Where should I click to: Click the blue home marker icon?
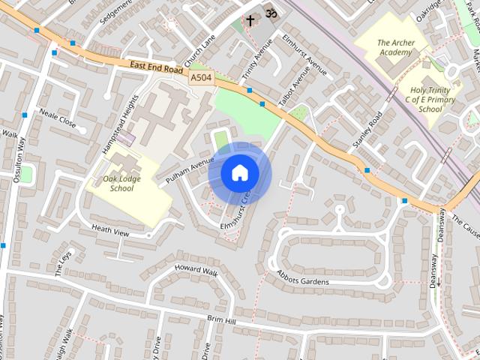pos(240,172)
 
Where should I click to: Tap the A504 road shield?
pos(201,78)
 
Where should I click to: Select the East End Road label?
pos(155,68)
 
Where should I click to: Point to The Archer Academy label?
pos(394,48)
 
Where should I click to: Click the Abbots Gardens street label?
pos(313,277)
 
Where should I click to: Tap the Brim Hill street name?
pos(221,320)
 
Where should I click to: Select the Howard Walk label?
pos(196,269)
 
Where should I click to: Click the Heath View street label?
pos(110,229)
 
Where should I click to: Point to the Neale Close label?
pos(58,118)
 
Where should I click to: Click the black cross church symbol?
pos(250,20)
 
